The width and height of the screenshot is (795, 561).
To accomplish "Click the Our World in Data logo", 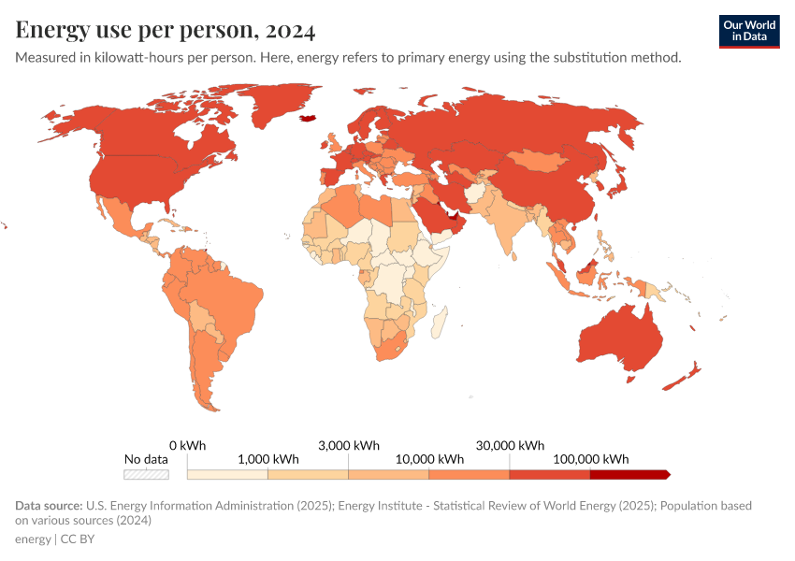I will point(749,31).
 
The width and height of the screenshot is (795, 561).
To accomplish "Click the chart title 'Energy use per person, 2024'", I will point(166,30).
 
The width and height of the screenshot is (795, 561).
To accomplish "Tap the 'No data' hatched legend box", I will point(147,474).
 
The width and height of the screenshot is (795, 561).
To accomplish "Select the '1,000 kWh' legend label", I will point(267,459).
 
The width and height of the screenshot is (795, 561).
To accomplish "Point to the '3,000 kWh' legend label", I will point(349,445).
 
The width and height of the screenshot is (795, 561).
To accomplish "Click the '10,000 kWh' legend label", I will point(429,459).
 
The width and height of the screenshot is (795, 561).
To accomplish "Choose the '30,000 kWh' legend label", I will point(511,445).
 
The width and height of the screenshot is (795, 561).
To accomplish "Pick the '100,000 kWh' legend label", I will point(591,459).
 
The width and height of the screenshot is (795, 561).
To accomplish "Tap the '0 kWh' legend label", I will point(187,445).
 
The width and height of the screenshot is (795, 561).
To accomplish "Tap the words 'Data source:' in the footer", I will point(48,506).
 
